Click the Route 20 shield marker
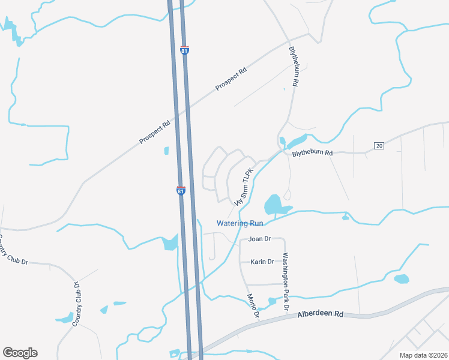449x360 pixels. (x=379, y=146)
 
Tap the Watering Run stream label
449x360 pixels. (x=240, y=223)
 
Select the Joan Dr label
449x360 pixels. (x=260, y=239)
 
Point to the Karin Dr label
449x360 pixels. (x=262, y=262)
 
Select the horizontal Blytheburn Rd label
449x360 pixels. (x=312, y=153)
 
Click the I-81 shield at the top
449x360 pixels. (x=184, y=50)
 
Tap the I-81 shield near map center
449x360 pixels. (x=181, y=190)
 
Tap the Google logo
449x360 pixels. (x=20, y=353)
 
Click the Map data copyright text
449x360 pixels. (x=423, y=355)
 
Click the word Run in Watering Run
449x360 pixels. (x=256, y=223)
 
